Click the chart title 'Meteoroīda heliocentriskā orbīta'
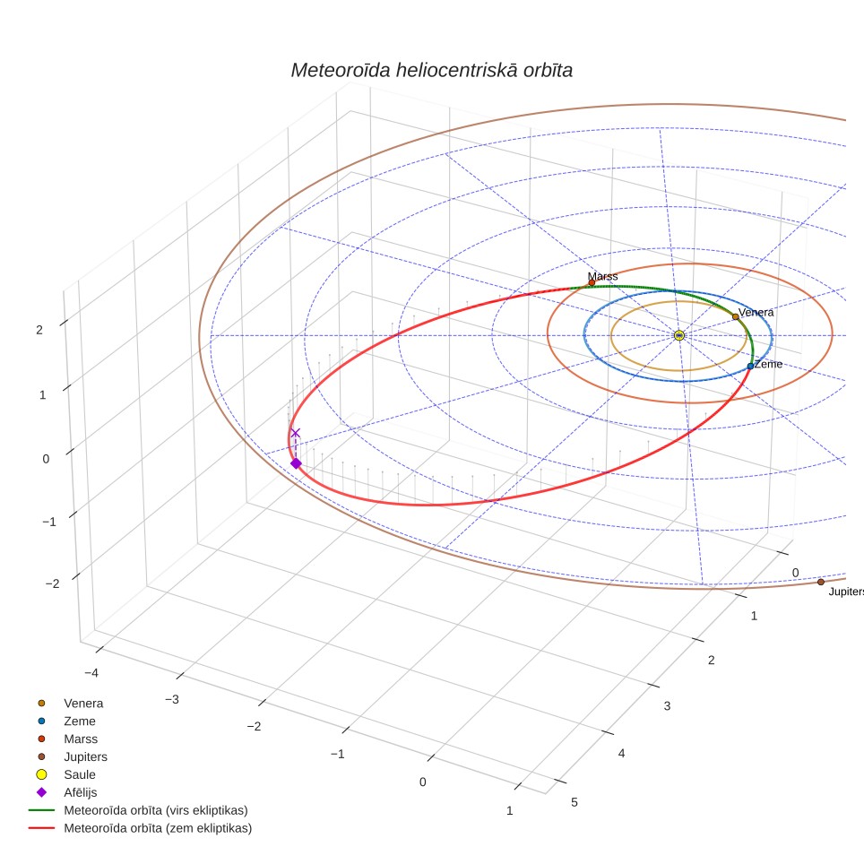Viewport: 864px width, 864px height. click(x=431, y=71)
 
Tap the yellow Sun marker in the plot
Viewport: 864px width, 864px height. click(x=679, y=335)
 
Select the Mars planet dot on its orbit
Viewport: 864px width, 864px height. click(x=592, y=282)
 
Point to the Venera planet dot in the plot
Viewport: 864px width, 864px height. click(x=736, y=317)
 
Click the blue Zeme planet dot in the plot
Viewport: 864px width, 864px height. click(x=750, y=366)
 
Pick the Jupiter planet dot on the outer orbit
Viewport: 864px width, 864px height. click(x=821, y=582)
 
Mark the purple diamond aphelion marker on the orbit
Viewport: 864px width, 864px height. click(x=296, y=463)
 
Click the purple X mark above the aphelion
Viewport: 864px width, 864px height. click(x=296, y=433)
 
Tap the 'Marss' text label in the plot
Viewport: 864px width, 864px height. click(x=603, y=276)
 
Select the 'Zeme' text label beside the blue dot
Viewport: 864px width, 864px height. click(x=768, y=364)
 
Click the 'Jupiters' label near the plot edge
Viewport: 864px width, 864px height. click(x=846, y=592)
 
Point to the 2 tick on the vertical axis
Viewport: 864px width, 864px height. click(x=39, y=330)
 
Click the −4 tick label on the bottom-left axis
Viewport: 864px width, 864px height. click(x=91, y=673)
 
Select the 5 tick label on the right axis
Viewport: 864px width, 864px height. click(x=575, y=802)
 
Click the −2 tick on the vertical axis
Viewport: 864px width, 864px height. click(x=52, y=583)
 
